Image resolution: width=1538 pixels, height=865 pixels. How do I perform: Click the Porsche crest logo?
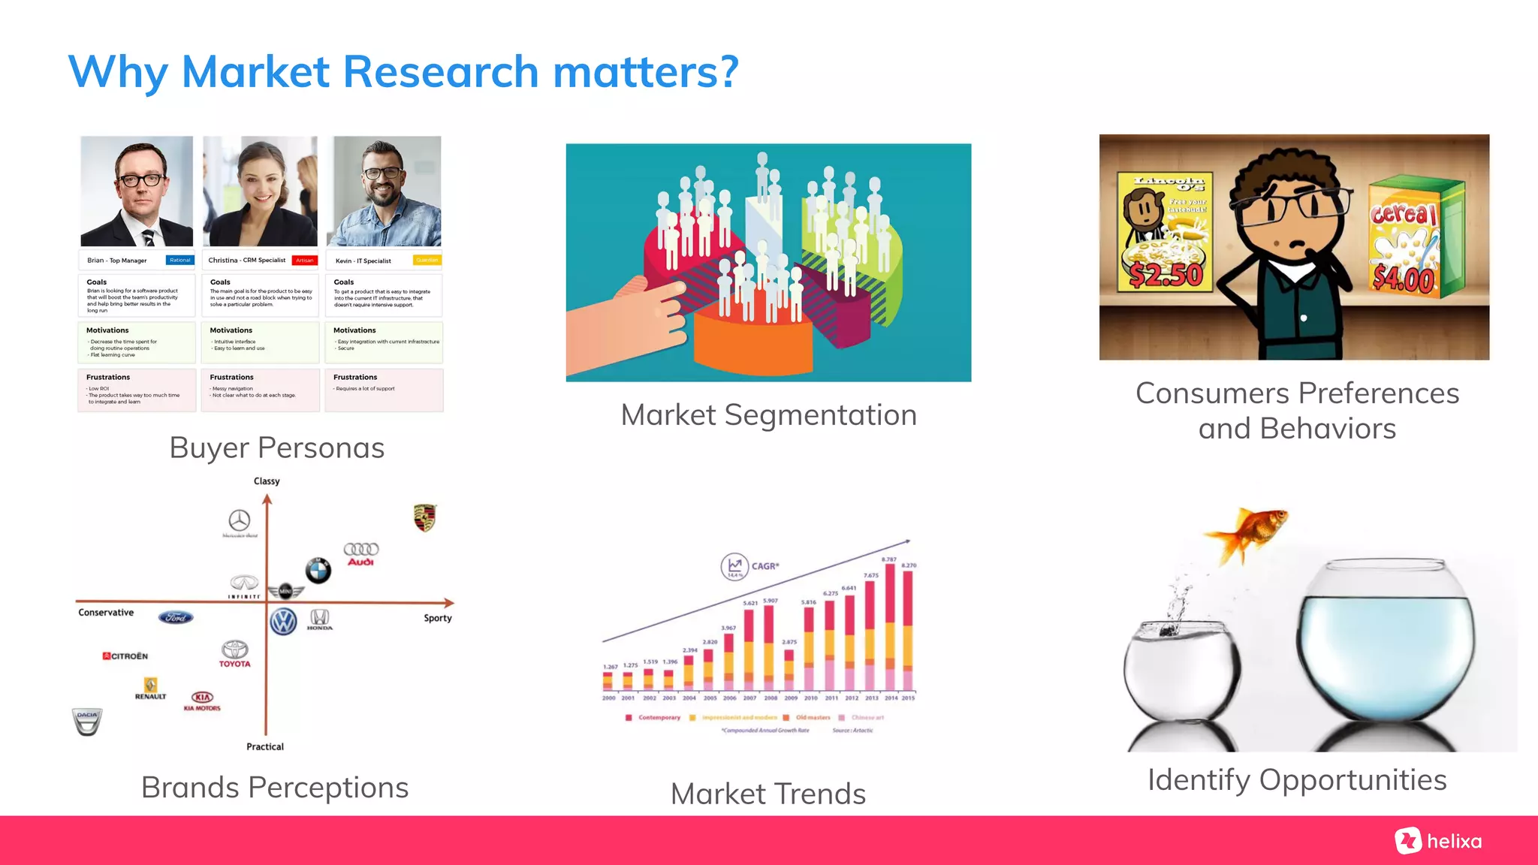point(424,517)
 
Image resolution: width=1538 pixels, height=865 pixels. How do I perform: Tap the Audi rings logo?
point(361,554)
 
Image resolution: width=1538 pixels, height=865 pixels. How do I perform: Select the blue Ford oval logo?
point(176,617)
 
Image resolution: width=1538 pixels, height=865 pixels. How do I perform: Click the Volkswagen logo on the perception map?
point(283,622)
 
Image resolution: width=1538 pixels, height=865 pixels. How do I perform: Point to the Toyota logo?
point(234,653)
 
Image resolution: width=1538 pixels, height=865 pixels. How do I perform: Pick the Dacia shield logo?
point(87,721)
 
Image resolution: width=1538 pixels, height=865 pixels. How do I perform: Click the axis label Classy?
point(267,481)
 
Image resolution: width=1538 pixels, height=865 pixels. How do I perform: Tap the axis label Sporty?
point(438,618)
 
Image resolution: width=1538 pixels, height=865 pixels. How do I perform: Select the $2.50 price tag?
point(1166,275)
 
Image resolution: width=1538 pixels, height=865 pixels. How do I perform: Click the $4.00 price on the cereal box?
point(1403,279)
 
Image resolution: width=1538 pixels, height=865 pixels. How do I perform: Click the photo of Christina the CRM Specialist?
point(260,191)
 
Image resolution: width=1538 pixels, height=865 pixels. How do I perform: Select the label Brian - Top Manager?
point(117,261)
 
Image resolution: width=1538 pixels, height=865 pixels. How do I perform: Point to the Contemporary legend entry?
point(653,718)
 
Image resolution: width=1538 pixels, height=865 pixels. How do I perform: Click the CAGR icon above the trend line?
point(734,567)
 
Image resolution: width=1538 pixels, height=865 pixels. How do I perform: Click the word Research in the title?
point(441,72)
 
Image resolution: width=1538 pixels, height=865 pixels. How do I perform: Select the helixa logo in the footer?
point(1439,841)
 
